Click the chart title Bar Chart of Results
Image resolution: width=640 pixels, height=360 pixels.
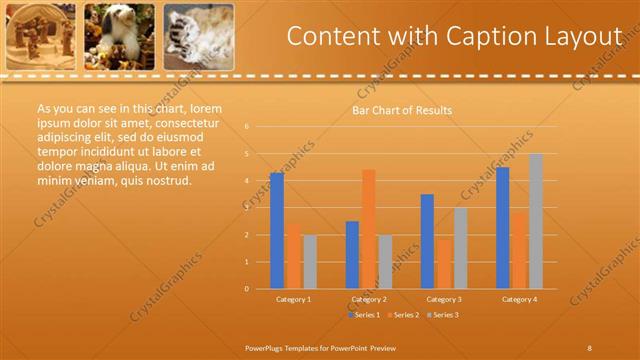402,110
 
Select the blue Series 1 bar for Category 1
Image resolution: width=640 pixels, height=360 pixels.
277,230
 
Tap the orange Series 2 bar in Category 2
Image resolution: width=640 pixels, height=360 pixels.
368,228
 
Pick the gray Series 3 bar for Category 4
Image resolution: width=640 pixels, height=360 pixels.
536,221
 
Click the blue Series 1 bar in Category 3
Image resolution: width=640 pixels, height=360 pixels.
427,241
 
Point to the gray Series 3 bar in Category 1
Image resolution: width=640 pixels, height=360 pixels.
310,261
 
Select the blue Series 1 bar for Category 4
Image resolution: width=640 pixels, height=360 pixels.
503,227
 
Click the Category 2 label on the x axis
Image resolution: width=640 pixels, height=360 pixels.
369,299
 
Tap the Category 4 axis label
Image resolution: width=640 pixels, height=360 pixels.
519,299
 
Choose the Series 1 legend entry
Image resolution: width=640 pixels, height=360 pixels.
366,315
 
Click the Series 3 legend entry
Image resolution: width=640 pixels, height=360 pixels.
442,315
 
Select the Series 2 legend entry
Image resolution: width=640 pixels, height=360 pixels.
404,315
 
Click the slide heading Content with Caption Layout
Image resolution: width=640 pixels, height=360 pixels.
455,36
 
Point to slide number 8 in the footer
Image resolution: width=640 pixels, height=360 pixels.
589,347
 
